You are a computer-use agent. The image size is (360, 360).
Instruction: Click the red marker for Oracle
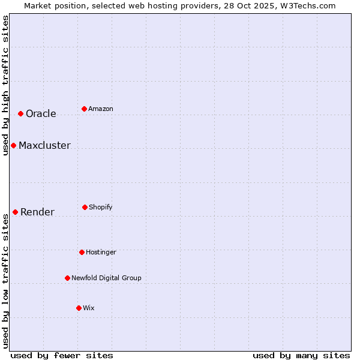coord(20,113)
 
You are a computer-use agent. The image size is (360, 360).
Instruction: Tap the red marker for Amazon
coord(84,109)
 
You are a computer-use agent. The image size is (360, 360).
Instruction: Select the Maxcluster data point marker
coord(13,145)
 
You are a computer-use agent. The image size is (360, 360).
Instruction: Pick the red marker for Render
coord(15,212)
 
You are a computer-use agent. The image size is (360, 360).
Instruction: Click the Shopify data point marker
coord(85,207)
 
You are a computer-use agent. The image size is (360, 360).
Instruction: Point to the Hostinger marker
coord(82,252)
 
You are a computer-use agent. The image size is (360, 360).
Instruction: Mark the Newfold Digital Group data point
coord(67,278)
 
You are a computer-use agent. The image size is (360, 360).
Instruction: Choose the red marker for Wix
coord(79,308)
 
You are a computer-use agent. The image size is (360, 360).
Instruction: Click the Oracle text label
coord(41,113)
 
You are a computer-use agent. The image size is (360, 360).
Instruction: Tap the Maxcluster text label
coord(44,145)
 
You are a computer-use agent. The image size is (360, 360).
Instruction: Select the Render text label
coord(37,212)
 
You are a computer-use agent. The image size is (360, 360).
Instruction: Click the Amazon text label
coord(101,109)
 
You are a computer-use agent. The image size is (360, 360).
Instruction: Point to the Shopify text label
coord(101,207)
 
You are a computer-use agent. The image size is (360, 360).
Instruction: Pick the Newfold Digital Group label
coord(106,278)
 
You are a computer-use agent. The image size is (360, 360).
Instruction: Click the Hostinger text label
coord(101,252)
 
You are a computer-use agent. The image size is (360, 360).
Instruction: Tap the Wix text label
coord(89,308)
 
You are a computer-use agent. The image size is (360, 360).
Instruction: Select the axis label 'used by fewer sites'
coord(62,355)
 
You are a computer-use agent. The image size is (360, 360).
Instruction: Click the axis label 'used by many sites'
coord(301,355)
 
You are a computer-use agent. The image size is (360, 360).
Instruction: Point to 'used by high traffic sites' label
coord(5,85)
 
